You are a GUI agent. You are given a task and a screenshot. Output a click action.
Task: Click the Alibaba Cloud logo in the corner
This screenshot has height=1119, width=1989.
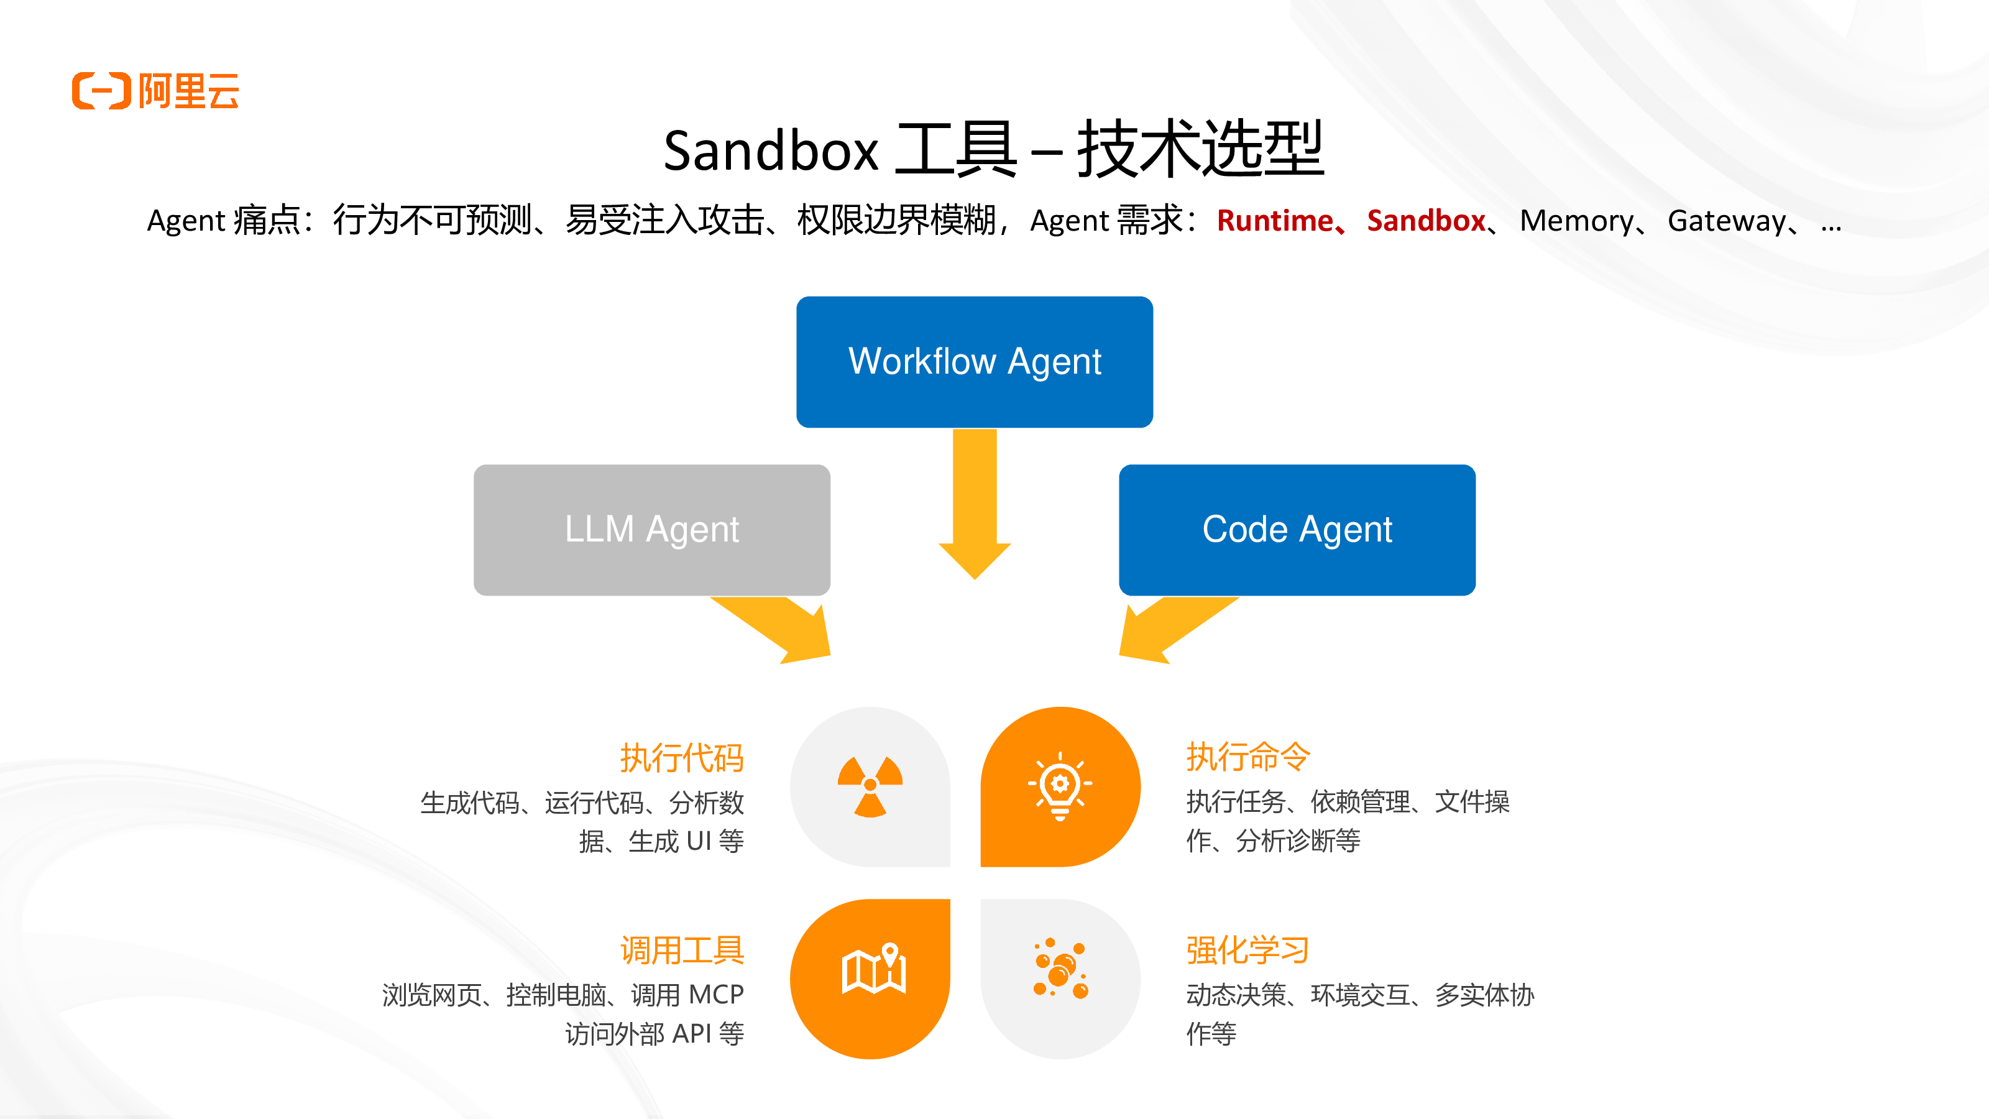click(155, 91)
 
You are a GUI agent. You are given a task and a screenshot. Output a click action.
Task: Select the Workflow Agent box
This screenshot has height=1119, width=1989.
click(975, 361)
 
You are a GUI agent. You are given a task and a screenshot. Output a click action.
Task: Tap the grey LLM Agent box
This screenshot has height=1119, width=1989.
click(651, 530)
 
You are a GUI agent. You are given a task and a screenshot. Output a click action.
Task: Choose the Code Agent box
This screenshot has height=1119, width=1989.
click(1297, 530)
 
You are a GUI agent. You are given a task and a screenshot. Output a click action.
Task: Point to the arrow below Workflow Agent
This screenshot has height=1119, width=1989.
click(975, 504)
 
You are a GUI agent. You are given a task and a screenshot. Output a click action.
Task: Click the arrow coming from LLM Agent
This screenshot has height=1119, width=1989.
click(776, 627)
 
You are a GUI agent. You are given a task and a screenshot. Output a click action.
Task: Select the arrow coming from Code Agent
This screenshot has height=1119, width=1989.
click(1174, 627)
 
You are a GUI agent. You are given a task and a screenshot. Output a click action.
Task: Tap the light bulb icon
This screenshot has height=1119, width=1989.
click(1060, 785)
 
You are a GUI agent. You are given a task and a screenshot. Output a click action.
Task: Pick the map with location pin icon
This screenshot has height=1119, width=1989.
click(873, 969)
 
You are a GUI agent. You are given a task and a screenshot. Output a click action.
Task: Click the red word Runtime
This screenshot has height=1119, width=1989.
click(1275, 221)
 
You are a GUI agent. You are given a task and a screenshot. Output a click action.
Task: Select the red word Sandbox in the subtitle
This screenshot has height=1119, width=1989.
click(1426, 221)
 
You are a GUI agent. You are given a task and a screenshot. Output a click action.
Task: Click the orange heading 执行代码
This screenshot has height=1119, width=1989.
click(682, 758)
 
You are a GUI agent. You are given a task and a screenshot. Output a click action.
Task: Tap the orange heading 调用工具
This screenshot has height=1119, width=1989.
click(682, 950)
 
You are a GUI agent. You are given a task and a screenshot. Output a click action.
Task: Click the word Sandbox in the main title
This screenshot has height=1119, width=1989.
click(771, 150)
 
